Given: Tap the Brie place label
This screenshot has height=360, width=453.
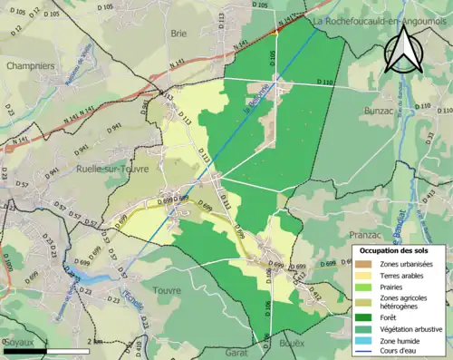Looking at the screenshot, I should tap(178, 34).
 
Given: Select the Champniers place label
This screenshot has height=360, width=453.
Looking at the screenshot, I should tap(30, 66).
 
